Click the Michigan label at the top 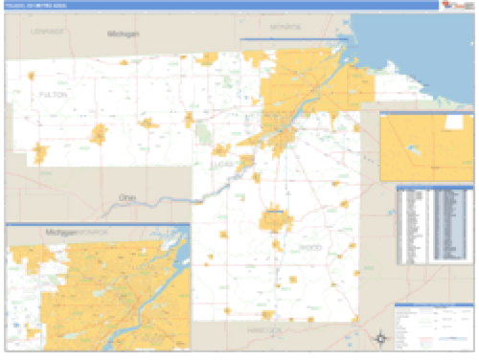coord(123,34)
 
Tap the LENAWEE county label coord(46,32)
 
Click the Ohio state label coord(125,198)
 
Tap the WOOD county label coord(309,247)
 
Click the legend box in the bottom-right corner coord(433,326)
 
